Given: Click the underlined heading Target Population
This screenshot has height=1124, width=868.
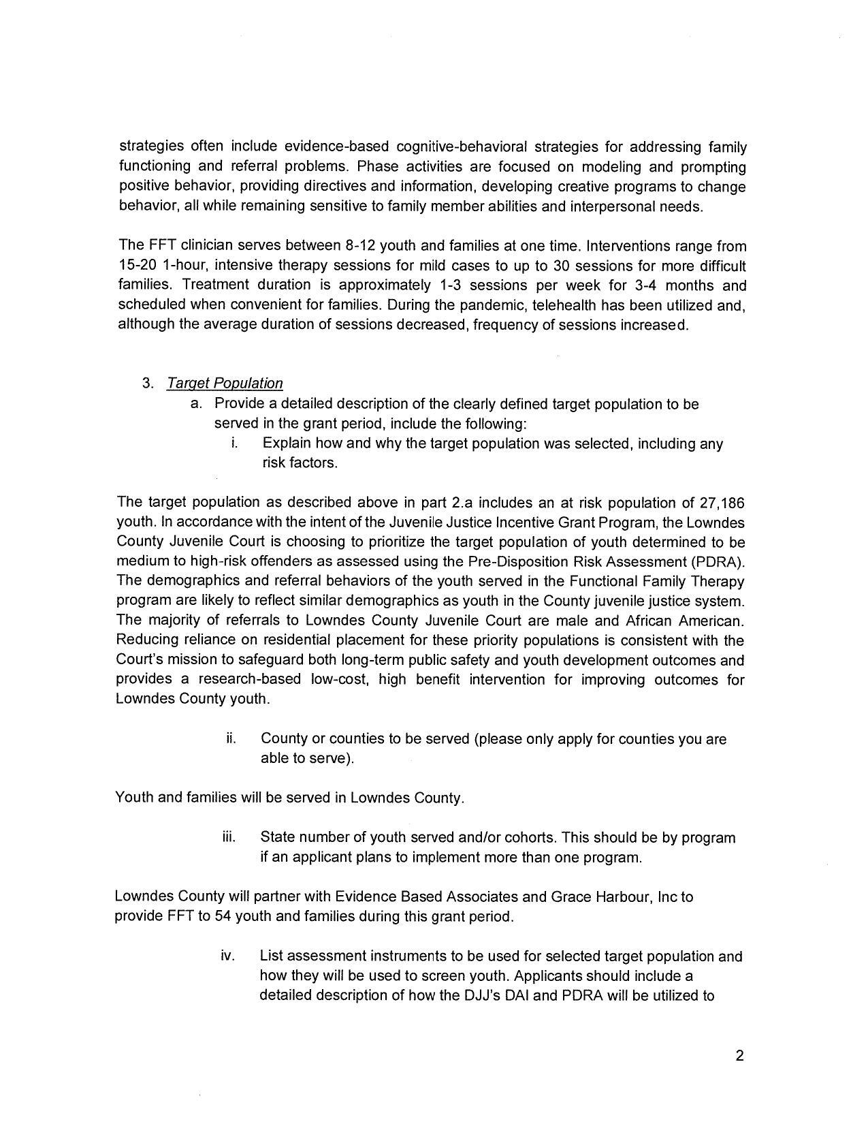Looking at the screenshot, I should point(225,384).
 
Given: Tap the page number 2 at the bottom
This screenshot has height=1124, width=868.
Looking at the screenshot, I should point(739,1057).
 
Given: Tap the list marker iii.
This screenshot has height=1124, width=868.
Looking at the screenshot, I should point(229,837).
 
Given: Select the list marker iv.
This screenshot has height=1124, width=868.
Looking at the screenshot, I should point(228,956).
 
